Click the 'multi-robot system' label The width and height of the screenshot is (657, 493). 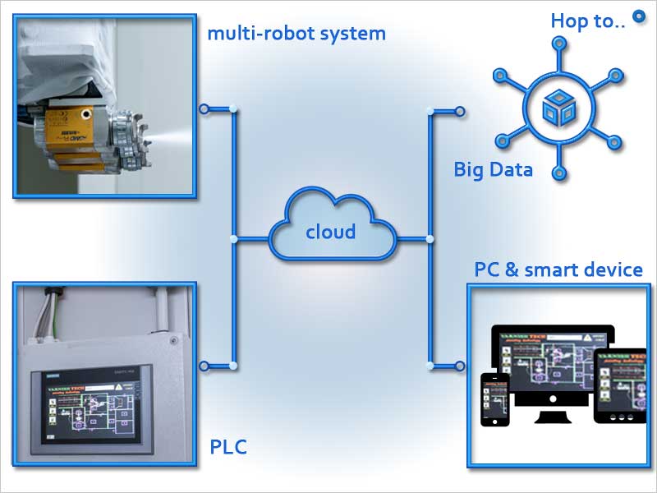(296, 34)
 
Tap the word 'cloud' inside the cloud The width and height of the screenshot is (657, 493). (330, 232)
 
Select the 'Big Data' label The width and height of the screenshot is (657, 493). (493, 170)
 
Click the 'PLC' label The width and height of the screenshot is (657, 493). (228, 448)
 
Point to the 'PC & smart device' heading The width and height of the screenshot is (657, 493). (558, 270)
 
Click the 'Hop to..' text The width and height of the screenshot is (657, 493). (587, 21)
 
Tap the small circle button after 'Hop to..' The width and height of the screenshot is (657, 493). (637, 16)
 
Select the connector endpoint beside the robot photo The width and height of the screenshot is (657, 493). (204, 108)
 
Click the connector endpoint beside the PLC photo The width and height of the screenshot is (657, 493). (204, 366)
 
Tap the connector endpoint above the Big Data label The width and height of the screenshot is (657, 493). (460, 110)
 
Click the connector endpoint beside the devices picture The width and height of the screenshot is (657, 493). (460, 366)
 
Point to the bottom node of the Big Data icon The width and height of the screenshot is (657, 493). (558, 172)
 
